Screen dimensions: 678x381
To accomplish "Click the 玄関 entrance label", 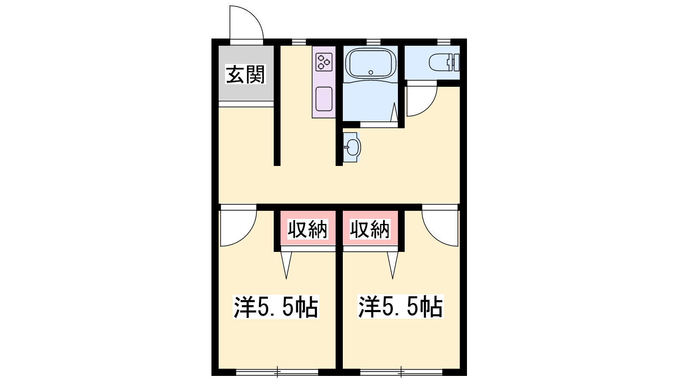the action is (x=245, y=74).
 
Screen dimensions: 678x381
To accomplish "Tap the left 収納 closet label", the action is (x=308, y=229).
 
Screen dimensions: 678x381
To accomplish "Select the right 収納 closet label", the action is (x=370, y=229).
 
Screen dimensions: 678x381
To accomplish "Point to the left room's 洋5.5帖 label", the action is (x=276, y=306).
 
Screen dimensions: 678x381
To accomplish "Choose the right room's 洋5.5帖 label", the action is (x=400, y=306).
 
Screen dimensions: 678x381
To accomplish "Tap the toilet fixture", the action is (x=445, y=62).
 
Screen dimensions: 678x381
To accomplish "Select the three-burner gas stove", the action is (x=324, y=62).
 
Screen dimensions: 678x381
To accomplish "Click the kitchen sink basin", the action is (x=324, y=99).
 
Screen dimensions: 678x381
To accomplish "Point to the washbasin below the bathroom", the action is (x=352, y=147).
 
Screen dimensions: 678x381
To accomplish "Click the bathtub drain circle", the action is (x=371, y=72).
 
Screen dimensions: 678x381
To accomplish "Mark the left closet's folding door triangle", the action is (x=286, y=265).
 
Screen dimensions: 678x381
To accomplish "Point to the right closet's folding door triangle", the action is (x=393, y=265).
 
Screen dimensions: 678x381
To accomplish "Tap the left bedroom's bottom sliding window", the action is (x=277, y=372).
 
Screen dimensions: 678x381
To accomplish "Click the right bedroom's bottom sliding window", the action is (x=401, y=372).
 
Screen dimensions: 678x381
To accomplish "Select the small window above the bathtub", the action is (x=373, y=42).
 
